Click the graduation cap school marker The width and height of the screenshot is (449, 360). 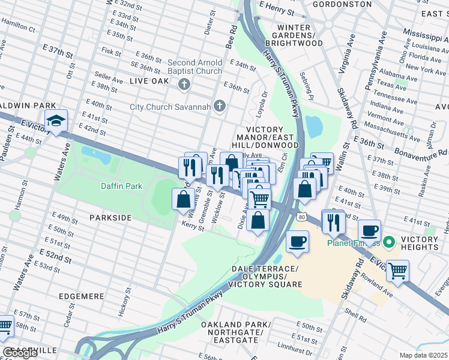click(x=56, y=121)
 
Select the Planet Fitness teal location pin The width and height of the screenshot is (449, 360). click(x=388, y=243)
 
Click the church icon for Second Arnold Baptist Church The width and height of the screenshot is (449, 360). click(x=184, y=84)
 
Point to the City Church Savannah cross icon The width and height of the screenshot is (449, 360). click(x=220, y=107)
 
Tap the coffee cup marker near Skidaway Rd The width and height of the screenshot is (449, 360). click(x=370, y=231)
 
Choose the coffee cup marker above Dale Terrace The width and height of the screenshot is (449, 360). click(x=297, y=242)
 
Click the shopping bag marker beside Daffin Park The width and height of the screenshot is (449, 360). click(x=184, y=200)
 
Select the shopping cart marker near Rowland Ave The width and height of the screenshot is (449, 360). click(x=397, y=271)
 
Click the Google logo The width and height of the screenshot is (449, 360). click(x=20, y=353)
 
